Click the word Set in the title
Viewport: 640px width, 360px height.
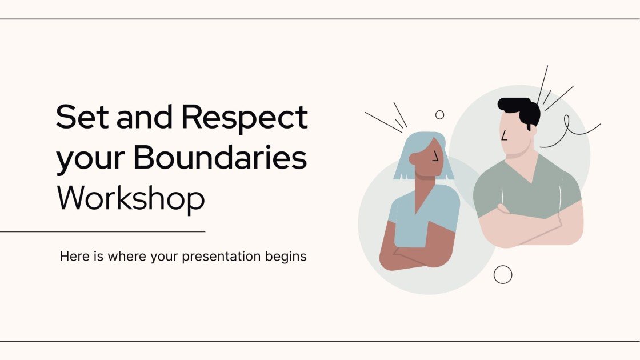point(78,118)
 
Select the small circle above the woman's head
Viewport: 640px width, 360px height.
point(439,115)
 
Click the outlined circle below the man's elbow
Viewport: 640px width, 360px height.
point(503,275)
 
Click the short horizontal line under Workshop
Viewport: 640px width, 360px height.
point(103,232)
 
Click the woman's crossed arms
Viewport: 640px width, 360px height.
point(414,251)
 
